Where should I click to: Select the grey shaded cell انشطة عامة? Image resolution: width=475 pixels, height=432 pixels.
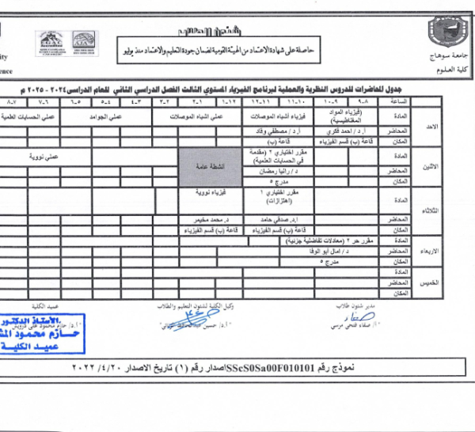click(x=209, y=167)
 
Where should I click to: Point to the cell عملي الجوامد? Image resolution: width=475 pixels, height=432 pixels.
click(x=118, y=117)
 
